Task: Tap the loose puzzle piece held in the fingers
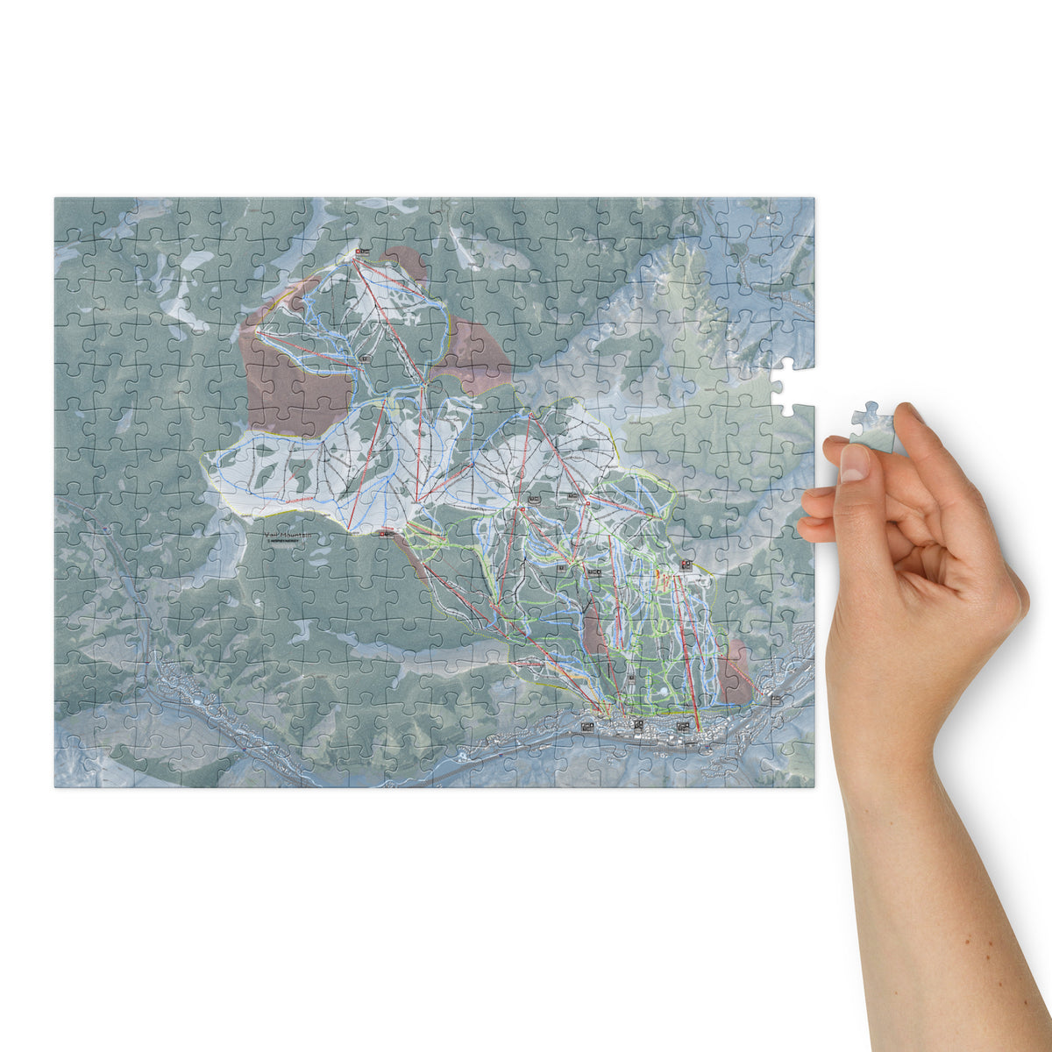click(x=872, y=427)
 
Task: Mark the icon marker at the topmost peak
click(x=361, y=252)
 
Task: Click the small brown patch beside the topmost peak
click(x=402, y=259)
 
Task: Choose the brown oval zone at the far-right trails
click(x=735, y=671)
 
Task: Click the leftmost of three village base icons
click(x=586, y=727)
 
